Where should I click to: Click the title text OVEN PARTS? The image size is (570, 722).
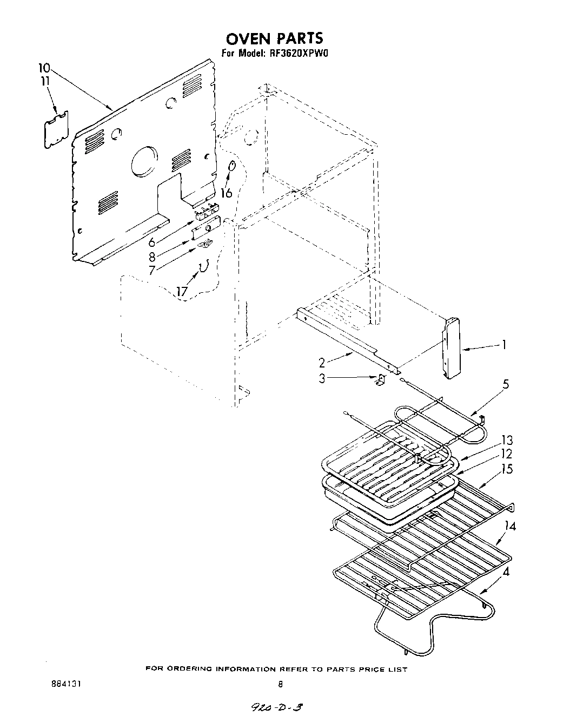tap(274, 38)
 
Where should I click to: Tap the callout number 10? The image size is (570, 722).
tap(44, 68)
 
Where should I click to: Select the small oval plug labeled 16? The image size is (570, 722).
tap(233, 166)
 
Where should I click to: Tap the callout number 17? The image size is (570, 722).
tap(182, 292)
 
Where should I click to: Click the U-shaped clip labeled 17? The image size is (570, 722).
tap(204, 266)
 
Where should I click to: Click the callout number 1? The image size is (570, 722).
tap(503, 345)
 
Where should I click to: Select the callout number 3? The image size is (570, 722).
tap(322, 379)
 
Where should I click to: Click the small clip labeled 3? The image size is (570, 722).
tap(380, 380)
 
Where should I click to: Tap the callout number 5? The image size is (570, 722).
tap(506, 385)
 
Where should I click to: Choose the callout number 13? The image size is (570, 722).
tap(507, 440)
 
